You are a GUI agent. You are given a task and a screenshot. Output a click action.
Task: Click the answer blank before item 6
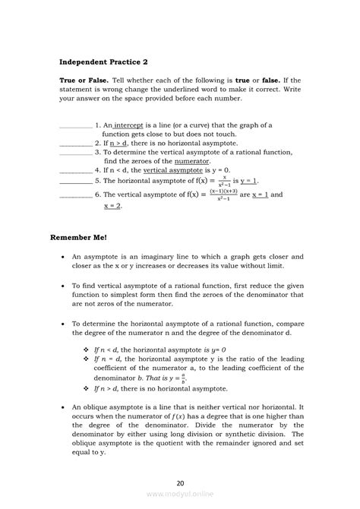pos(75,194)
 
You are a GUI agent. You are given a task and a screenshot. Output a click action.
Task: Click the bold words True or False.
pos(84,80)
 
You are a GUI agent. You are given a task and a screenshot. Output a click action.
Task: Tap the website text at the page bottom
pos(180,493)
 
